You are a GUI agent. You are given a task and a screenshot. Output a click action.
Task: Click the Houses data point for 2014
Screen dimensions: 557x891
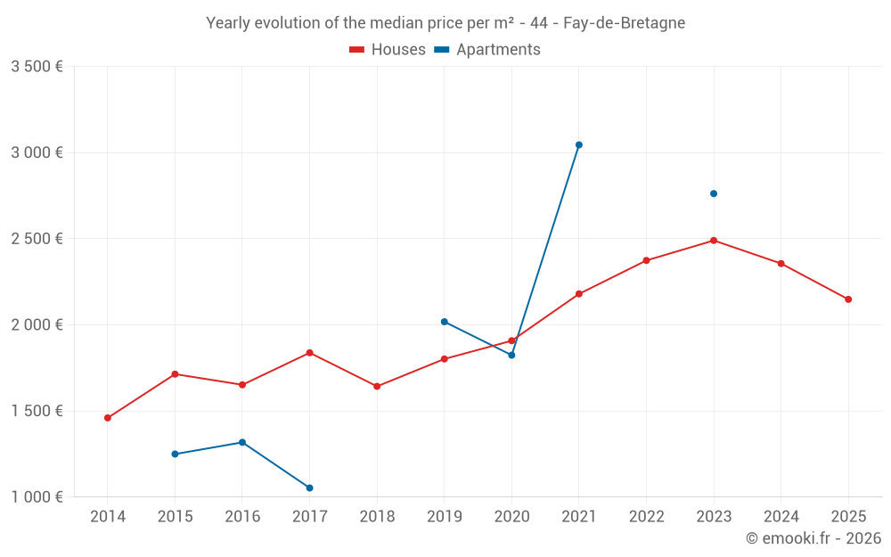(108, 418)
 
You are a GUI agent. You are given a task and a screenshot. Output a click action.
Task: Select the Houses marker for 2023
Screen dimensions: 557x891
(714, 241)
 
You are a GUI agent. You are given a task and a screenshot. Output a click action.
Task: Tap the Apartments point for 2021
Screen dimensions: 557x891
(579, 145)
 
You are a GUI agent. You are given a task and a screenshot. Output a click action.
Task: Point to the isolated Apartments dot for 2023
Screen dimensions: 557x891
(714, 193)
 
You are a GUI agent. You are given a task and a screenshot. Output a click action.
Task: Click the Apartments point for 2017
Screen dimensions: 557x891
(309, 487)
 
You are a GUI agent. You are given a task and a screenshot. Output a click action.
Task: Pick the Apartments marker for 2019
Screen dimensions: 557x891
(445, 322)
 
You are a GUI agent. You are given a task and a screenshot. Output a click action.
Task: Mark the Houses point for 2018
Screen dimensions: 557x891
(377, 386)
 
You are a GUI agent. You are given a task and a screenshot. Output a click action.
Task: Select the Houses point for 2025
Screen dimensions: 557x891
(848, 299)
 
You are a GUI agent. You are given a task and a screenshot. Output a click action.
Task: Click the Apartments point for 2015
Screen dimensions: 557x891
(175, 454)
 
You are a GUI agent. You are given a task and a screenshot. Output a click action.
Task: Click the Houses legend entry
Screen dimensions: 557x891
(388, 50)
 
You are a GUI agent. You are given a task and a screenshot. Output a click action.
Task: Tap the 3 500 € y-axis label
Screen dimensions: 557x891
(37, 67)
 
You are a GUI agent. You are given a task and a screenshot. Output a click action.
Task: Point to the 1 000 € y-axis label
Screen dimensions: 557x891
(37, 497)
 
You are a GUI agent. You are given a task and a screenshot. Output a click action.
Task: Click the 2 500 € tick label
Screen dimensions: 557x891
(37, 239)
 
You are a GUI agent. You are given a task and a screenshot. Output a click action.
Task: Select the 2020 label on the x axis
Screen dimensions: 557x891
(511, 517)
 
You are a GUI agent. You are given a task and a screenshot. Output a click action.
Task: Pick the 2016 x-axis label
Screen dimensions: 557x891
(242, 517)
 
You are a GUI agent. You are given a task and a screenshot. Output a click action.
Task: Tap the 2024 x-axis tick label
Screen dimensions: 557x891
(781, 517)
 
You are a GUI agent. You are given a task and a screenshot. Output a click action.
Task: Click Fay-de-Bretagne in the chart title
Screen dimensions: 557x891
(624, 23)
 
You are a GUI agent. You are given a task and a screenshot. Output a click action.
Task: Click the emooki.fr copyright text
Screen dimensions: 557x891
(813, 538)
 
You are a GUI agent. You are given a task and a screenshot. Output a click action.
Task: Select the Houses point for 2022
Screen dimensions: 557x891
(646, 260)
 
